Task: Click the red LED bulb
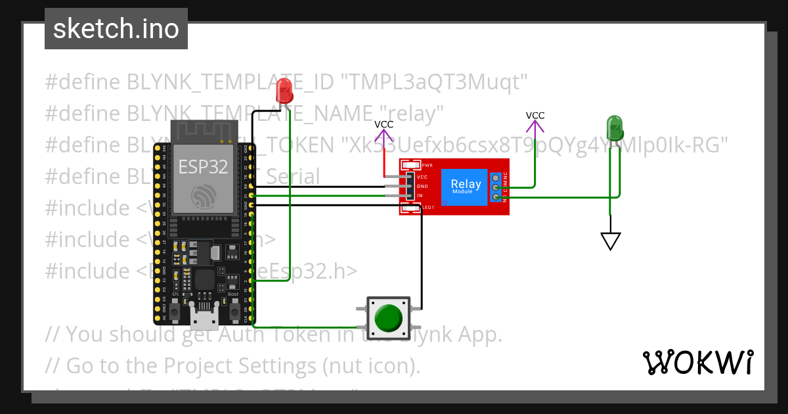click(284, 91)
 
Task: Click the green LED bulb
click(615, 128)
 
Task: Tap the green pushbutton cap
click(387, 317)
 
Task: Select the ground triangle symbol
click(611, 241)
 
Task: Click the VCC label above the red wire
click(384, 124)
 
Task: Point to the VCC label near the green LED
click(535, 116)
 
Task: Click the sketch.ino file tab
click(116, 29)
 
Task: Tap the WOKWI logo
click(697, 362)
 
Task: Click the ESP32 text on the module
click(203, 167)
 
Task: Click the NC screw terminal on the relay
click(496, 178)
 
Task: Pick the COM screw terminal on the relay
click(496, 187)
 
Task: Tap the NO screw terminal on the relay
click(496, 196)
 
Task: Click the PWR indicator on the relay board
click(410, 165)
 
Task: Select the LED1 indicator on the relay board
click(410, 208)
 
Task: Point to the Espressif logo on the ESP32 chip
click(203, 195)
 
